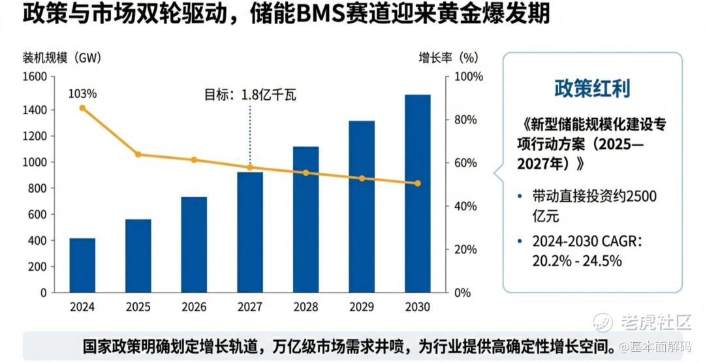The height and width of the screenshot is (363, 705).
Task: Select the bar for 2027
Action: (x=250, y=232)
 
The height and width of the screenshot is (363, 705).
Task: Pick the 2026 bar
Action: (x=194, y=244)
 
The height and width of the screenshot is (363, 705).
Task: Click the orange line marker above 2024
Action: (x=82, y=108)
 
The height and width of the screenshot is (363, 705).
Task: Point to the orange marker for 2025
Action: (x=138, y=155)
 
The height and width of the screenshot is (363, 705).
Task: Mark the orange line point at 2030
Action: (x=418, y=183)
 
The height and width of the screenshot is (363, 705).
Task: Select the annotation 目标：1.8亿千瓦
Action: (x=250, y=95)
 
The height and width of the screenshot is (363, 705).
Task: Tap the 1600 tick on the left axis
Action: (x=35, y=77)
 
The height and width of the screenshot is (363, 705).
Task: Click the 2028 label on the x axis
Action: (x=306, y=307)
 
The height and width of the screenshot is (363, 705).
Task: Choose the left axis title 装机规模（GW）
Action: (x=61, y=57)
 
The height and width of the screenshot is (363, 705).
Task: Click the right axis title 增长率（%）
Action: (x=448, y=57)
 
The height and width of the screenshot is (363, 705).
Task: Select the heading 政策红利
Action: (x=592, y=88)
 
